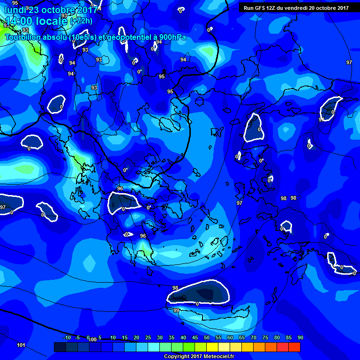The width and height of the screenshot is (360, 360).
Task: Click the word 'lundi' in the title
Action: coord(15,10)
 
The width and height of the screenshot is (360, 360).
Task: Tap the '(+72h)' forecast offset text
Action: coord(81,21)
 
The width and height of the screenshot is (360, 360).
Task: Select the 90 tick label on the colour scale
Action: coord(300,337)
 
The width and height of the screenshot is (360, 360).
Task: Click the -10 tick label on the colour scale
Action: coord(67,337)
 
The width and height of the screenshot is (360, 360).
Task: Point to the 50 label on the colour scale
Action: coord(207,337)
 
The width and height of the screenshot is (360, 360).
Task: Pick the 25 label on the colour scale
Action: coord(148,337)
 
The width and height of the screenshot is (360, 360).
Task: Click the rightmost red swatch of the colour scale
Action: coord(294,347)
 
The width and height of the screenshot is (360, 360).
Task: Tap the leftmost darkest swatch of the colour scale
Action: coord(60,347)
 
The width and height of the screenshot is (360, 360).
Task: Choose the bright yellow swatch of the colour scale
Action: coord(212,347)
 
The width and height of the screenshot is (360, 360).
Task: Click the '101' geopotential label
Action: coord(21,345)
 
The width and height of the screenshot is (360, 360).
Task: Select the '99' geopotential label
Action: coord(176,310)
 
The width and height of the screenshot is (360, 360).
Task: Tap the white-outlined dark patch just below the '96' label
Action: coord(124,202)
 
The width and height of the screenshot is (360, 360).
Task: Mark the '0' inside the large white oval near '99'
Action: coord(197,304)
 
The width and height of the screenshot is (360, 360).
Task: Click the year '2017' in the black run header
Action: coord(343,8)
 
